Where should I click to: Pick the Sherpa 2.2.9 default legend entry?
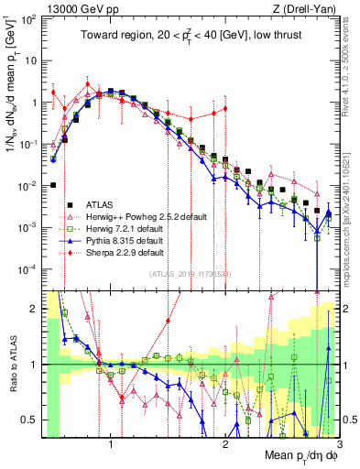(116, 252)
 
